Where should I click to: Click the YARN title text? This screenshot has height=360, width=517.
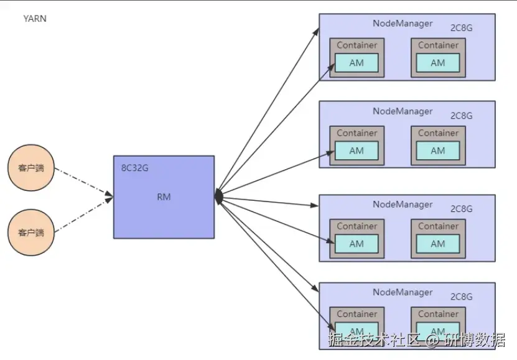(x=35, y=19)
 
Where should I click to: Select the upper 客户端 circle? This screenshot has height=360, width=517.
(x=31, y=168)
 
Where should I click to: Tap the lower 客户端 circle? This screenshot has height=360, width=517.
(x=31, y=233)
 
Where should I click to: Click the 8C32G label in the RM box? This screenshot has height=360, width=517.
(x=134, y=168)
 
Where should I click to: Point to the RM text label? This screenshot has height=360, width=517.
(x=164, y=197)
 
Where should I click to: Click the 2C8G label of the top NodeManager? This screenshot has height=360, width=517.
(x=461, y=28)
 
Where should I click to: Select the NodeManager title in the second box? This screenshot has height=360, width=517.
(x=403, y=111)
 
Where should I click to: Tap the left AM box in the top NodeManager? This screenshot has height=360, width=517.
(x=356, y=63)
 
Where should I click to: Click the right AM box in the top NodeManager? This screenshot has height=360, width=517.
(x=438, y=63)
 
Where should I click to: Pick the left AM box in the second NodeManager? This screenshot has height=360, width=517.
(x=356, y=151)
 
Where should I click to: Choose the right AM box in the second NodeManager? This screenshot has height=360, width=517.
(x=438, y=151)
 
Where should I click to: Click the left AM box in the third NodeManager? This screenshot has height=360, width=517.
(x=356, y=244)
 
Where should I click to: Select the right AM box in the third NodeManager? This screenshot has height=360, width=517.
(x=438, y=244)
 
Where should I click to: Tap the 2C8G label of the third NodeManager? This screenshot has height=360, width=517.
(x=461, y=209)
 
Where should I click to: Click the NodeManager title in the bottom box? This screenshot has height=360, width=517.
(x=403, y=292)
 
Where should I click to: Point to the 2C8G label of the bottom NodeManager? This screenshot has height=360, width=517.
(x=461, y=297)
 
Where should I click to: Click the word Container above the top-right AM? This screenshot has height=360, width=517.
(x=438, y=45)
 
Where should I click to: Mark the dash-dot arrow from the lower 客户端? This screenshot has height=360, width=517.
(x=84, y=215)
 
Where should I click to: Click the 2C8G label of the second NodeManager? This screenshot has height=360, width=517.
(x=461, y=116)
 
